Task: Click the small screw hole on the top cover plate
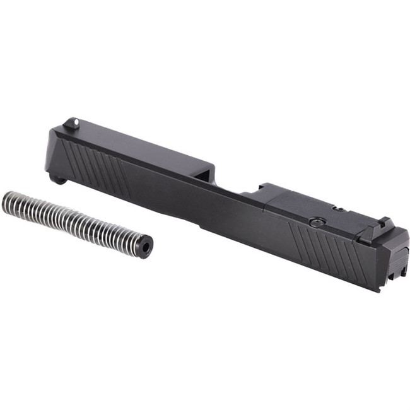click(339, 208)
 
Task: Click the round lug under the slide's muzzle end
click(59, 180)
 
